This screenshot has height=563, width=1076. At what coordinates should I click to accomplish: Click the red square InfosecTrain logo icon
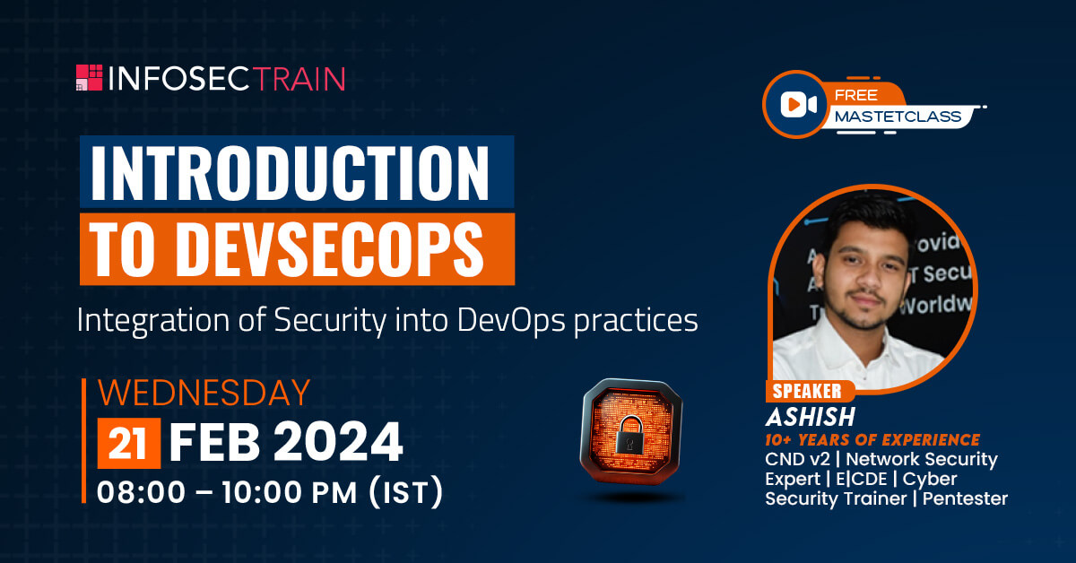(90, 77)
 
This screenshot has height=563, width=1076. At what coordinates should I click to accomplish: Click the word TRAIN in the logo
(299, 79)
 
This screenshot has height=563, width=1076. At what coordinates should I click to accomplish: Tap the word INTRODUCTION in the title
(290, 172)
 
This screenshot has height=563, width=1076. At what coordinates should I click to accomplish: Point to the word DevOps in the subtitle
(511, 321)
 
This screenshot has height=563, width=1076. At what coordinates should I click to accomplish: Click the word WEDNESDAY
(204, 393)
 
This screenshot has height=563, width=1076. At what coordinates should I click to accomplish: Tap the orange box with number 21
(129, 443)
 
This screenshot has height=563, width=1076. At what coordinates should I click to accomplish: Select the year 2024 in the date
(338, 442)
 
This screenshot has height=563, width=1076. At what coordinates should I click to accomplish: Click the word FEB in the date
(214, 442)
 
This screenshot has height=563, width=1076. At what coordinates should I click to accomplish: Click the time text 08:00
(142, 493)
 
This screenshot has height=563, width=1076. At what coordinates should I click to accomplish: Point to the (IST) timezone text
(406, 492)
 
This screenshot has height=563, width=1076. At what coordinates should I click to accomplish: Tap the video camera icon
(798, 104)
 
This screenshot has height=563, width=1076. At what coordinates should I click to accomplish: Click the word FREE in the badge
(856, 95)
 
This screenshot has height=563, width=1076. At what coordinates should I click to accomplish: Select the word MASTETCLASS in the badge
(898, 117)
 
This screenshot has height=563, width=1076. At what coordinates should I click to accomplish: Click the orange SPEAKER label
(808, 391)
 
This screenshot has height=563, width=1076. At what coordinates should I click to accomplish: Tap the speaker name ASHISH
(811, 417)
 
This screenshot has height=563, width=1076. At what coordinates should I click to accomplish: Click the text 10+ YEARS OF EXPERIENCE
(872, 440)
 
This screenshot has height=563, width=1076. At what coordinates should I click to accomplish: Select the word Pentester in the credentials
(965, 498)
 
